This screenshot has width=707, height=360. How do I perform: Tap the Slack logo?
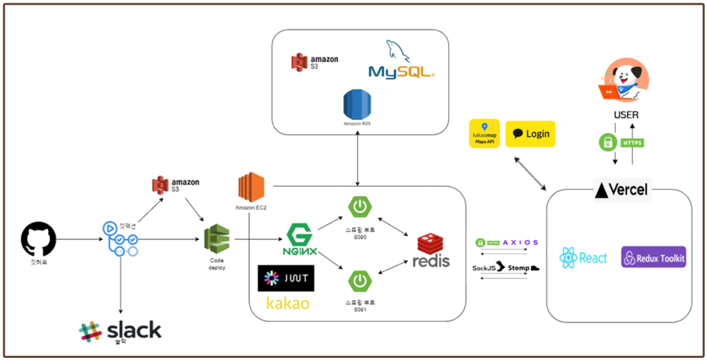click(120, 331)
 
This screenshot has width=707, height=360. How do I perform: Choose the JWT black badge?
click(286, 279)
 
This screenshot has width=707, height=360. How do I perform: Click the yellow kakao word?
click(287, 303)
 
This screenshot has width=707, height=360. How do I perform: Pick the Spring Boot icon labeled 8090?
click(360, 207)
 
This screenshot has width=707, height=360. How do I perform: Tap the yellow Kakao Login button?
click(530, 134)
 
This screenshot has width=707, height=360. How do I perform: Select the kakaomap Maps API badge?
click(484, 133)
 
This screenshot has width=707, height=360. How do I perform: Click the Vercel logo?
click(621, 189)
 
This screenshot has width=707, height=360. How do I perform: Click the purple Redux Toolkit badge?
click(653, 258)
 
